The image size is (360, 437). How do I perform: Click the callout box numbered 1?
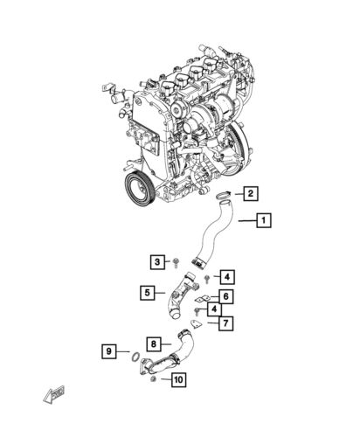(263, 221)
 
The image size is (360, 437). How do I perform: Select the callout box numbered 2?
(250, 193)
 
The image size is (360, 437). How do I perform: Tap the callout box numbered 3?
(157, 261)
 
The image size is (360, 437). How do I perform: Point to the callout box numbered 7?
(225, 323)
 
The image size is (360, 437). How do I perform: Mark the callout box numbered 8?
(153, 344)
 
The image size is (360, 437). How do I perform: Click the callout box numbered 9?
(109, 351)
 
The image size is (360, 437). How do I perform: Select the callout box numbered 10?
(177, 379)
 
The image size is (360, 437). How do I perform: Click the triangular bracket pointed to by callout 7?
(196, 324)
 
